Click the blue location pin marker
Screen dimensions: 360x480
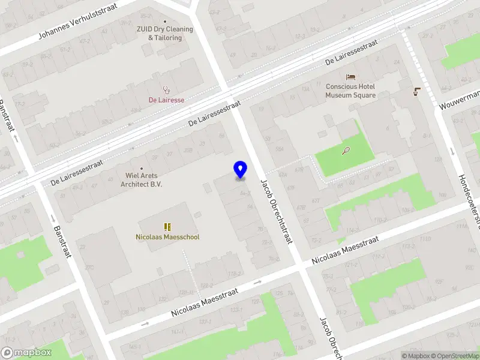tap(241, 169)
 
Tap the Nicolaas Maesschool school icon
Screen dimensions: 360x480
tap(167, 227)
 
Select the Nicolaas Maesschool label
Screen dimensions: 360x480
tap(167, 237)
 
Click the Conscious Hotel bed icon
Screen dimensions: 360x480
tap(351, 77)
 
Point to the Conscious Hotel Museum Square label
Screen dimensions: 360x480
tap(351, 91)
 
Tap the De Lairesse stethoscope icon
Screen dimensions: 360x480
tap(166, 91)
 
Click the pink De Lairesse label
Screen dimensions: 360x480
tap(166, 100)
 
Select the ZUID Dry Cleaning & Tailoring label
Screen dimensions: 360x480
tap(166, 34)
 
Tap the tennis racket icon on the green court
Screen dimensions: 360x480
tap(347, 151)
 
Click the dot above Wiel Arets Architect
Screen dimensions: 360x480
tap(142, 168)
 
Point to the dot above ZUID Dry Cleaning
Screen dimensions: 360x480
tap(166, 21)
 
